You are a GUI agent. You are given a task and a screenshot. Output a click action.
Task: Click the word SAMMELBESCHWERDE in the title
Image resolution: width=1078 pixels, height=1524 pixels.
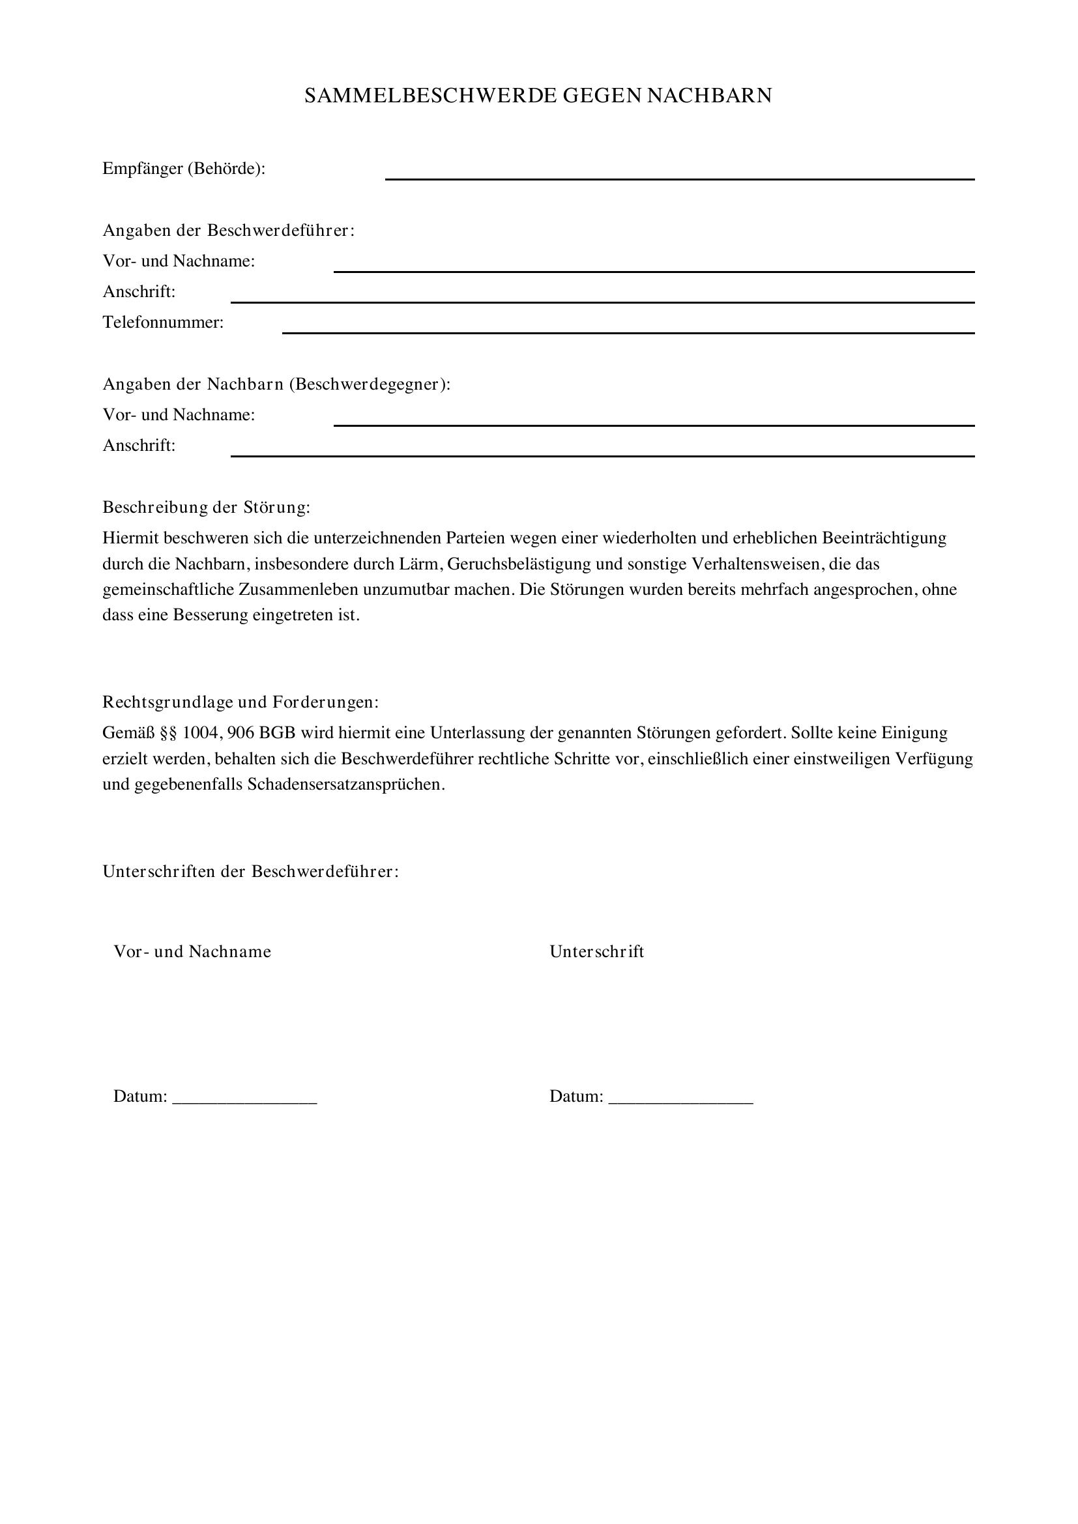(430, 96)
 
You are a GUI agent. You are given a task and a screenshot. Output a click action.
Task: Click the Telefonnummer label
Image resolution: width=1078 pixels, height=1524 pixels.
(163, 323)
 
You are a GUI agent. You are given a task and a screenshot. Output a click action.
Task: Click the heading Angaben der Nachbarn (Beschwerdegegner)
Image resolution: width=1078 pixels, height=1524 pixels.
(276, 384)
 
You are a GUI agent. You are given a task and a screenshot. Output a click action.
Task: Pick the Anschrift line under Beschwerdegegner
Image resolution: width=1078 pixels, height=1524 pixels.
(602, 452)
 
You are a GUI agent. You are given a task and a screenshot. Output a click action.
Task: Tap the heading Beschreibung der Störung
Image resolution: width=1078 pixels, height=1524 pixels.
(206, 507)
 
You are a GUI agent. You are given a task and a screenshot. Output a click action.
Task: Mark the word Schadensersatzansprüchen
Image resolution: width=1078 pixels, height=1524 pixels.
(345, 784)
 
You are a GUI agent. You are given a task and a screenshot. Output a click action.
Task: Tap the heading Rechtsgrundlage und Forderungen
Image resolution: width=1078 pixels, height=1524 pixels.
(240, 702)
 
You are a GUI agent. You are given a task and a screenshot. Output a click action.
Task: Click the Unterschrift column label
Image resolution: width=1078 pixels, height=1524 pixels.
(596, 951)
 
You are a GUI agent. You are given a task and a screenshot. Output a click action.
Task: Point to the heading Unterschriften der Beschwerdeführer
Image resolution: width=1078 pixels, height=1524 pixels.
(250, 871)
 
